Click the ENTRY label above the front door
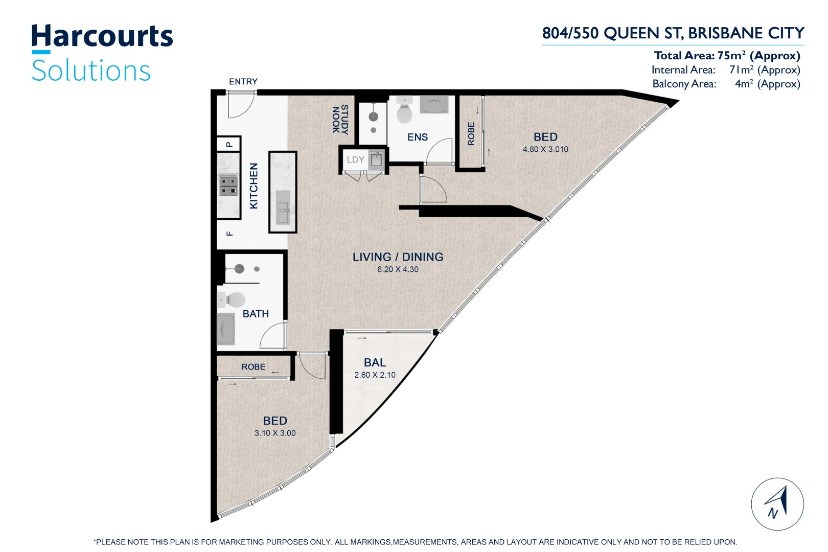243,82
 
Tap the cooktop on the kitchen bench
228,185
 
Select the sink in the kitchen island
283,207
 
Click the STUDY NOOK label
340,120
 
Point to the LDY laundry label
355,159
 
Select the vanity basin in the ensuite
434,104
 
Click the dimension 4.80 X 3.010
545,149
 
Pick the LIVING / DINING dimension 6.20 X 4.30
398,269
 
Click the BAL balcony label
375,362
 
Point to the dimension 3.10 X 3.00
275,433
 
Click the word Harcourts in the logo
102,37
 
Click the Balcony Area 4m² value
767,84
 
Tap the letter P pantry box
229,144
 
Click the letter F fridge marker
229,234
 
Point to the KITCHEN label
254,186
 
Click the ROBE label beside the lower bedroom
253,367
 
